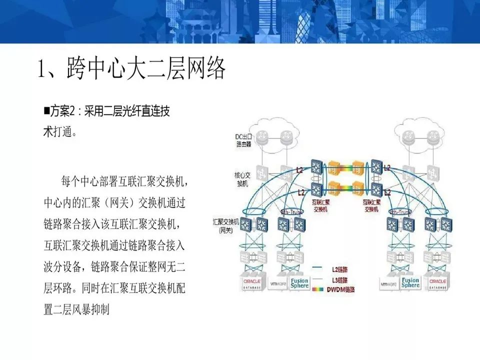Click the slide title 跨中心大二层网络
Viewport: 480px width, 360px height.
(132, 69)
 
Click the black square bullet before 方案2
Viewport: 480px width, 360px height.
(46, 111)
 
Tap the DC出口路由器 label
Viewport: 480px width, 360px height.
(243, 140)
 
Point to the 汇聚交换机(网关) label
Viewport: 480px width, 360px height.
(225, 225)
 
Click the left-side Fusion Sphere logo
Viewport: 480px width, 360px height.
(300, 283)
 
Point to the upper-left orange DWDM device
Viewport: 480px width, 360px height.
(334, 167)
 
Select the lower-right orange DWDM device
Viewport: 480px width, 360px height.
(358, 189)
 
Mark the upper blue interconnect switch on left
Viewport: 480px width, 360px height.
(316, 167)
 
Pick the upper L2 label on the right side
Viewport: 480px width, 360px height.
(386, 168)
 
